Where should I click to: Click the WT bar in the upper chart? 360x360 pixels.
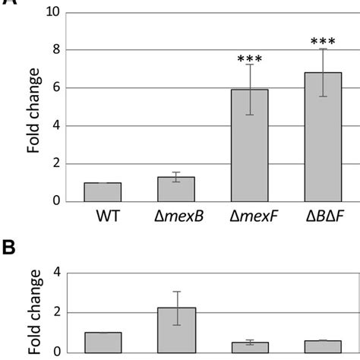tap(103, 192)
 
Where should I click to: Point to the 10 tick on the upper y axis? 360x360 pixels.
tap(51, 13)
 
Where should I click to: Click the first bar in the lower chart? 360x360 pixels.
tap(103, 342)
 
